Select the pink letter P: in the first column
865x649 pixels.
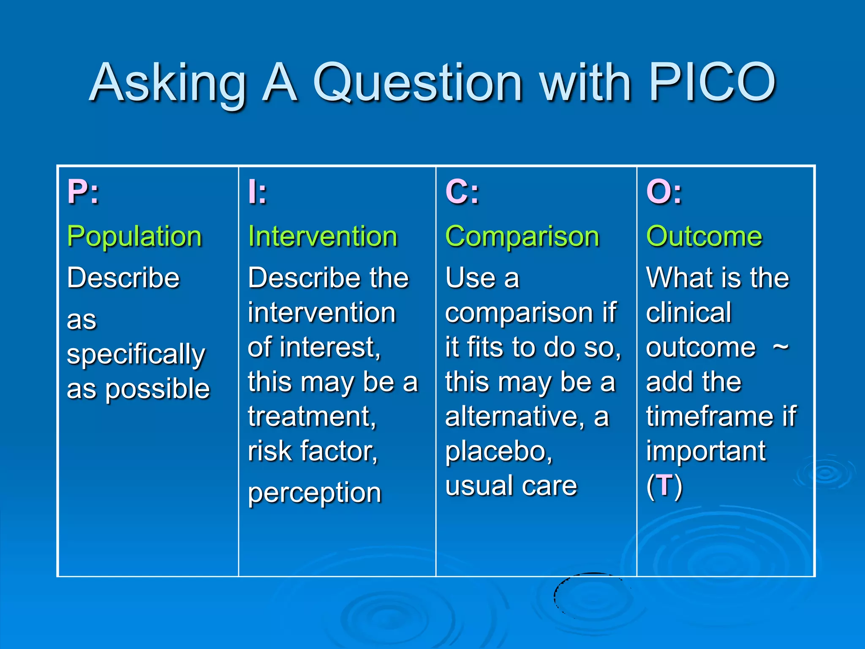[83, 192]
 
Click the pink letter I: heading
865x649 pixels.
[258, 192]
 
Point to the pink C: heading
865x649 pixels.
[462, 192]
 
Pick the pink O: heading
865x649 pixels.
[664, 192]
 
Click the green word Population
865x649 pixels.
[134, 237]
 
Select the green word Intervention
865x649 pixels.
[323, 237]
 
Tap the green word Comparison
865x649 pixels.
[522, 237]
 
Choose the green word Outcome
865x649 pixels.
[704, 237]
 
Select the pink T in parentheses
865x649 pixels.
[664, 485]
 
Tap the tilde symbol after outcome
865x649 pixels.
[781, 347]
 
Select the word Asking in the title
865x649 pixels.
[168, 84]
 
